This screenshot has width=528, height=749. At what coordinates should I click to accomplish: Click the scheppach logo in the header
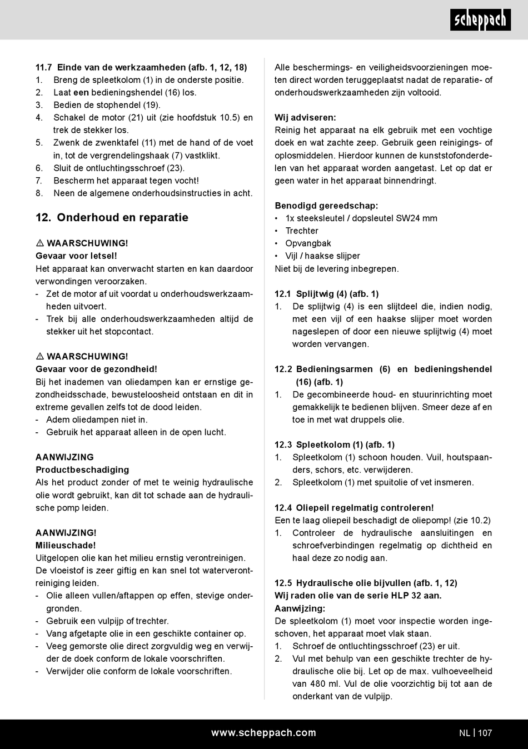[x=480, y=20]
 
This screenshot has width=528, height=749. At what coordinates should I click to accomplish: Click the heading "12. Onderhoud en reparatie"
[x=112, y=218]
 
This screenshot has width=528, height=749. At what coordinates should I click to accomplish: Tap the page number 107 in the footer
[x=485, y=733]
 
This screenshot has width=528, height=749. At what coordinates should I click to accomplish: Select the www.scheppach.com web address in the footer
[x=263, y=733]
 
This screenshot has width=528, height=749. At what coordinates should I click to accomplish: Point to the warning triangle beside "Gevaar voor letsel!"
[x=40, y=243]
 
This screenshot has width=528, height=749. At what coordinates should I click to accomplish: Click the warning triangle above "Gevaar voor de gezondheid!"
[x=40, y=357]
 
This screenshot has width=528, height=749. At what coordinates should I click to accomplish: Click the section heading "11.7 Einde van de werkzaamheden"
[x=141, y=67]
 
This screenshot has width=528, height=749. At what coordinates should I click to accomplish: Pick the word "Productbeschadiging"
[x=82, y=470]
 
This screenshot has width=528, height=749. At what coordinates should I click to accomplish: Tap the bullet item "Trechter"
[x=302, y=231]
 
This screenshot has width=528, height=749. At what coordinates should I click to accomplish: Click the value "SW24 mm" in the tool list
[x=416, y=218]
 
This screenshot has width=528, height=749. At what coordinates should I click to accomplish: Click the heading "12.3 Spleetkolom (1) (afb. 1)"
[x=335, y=445]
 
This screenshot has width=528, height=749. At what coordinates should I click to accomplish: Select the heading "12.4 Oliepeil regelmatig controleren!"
[x=354, y=508]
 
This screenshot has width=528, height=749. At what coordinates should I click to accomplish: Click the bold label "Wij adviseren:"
[x=305, y=118]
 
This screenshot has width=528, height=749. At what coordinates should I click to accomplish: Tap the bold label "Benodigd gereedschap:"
[x=326, y=206]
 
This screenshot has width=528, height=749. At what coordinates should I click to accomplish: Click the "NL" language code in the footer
[x=465, y=733]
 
